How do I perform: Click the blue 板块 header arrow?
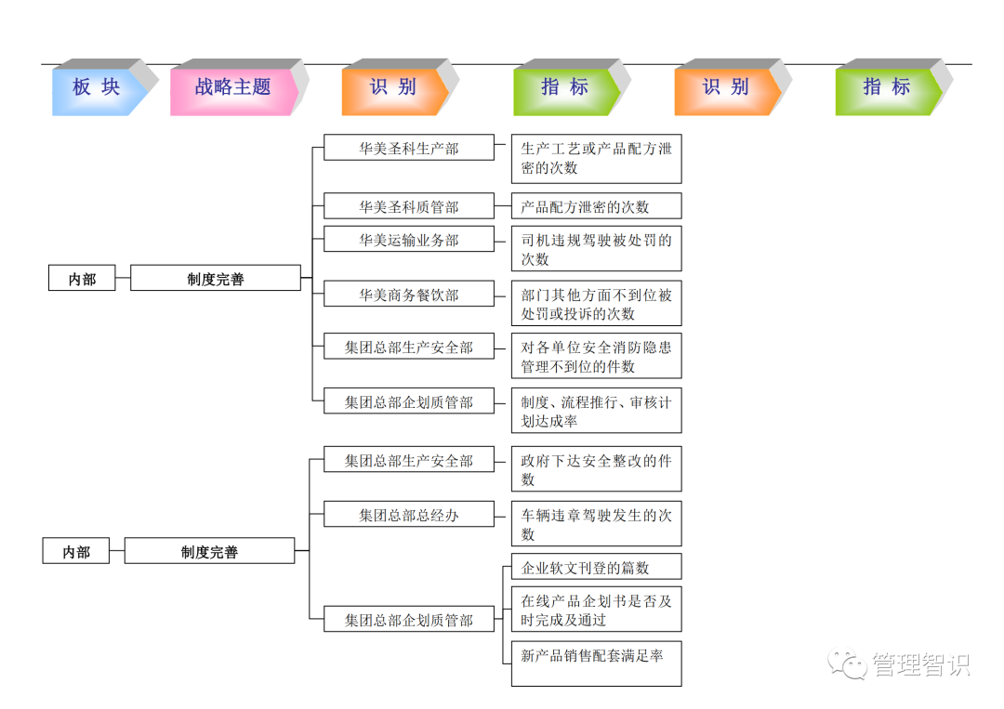98,88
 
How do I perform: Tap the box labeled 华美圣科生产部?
409,148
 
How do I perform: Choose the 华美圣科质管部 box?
409,206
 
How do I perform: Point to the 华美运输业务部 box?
409,240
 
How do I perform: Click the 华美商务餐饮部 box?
409,295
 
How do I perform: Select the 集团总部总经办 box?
409,515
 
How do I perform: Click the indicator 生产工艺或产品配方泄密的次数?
596,158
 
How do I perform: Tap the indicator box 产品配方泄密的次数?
596,206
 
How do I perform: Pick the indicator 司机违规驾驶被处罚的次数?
596,249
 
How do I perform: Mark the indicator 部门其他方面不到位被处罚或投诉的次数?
596,304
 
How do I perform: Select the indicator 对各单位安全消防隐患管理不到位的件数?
596,356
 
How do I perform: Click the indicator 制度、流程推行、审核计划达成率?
596,411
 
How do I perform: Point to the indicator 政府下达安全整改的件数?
596,469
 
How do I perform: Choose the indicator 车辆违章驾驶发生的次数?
596,524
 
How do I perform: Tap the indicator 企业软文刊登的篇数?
596,567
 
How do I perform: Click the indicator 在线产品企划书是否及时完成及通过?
596,611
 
